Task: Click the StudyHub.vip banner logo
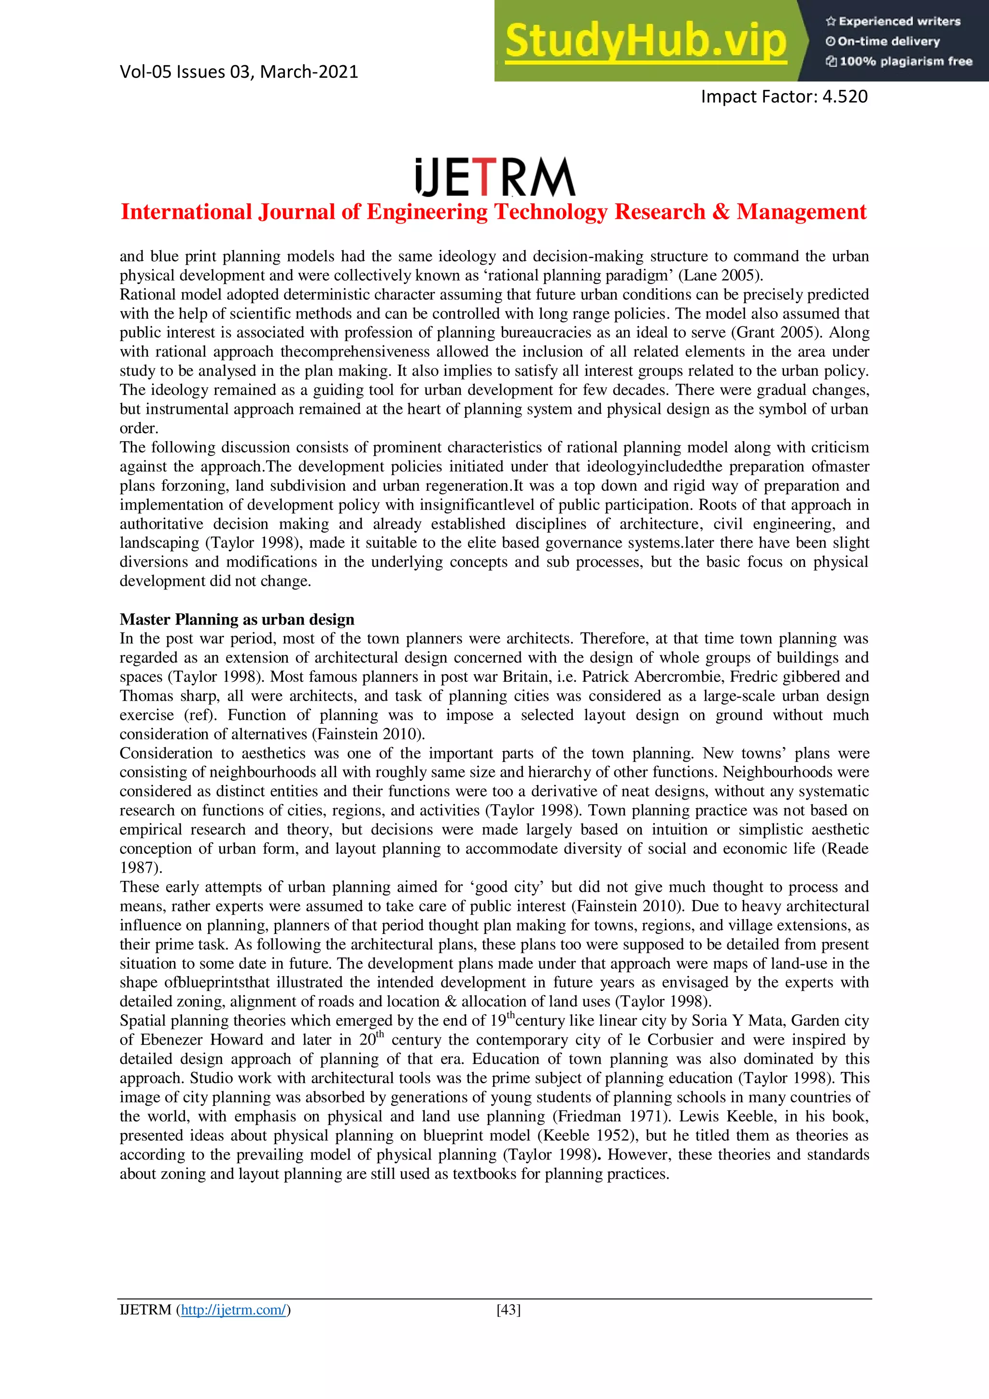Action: pyautogui.click(x=646, y=42)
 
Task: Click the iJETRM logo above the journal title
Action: pyautogui.click(x=494, y=177)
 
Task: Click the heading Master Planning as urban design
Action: pyautogui.click(x=237, y=619)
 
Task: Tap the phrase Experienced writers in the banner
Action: pyautogui.click(x=899, y=21)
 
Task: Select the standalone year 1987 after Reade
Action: pyautogui.click(x=139, y=868)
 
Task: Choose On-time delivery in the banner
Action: pyautogui.click(x=888, y=42)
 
